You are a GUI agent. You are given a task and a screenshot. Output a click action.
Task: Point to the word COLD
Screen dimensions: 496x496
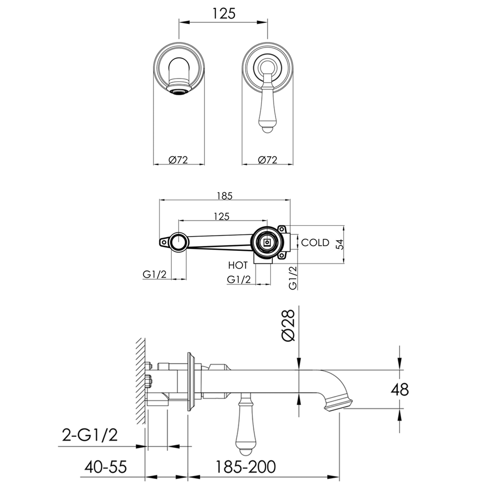[315, 243]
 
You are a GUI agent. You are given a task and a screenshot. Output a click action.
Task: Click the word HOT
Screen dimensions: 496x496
[238, 266]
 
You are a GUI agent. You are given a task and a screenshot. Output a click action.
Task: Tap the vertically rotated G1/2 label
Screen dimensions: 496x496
[293, 278]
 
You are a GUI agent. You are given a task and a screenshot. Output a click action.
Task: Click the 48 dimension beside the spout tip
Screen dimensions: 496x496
[400, 390]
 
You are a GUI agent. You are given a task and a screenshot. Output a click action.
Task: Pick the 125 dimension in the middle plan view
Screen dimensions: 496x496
[222, 217]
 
